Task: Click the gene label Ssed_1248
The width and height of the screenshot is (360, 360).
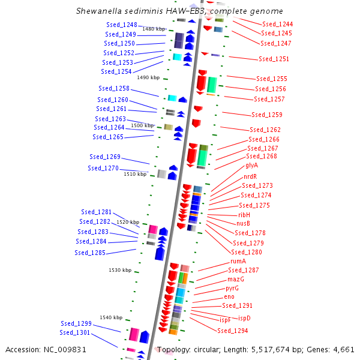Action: (121, 25)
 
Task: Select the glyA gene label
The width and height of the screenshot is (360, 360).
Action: (251, 165)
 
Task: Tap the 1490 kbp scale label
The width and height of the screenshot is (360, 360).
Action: (148, 77)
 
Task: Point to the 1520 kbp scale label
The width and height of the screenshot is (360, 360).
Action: (128, 222)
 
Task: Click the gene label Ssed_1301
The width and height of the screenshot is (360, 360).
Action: (74, 332)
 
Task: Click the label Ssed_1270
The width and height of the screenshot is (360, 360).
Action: (103, 168)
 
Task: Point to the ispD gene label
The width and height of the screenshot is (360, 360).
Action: (244, 318)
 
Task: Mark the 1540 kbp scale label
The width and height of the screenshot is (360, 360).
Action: (111, 317)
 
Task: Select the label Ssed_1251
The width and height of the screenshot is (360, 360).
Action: (274, 59)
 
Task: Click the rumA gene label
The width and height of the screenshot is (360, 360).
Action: (238, 262)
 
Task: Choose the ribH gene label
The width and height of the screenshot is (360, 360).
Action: (244, 214)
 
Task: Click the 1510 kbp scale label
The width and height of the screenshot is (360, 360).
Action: (135, 174)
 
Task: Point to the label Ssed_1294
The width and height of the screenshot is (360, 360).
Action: (232, 331)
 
